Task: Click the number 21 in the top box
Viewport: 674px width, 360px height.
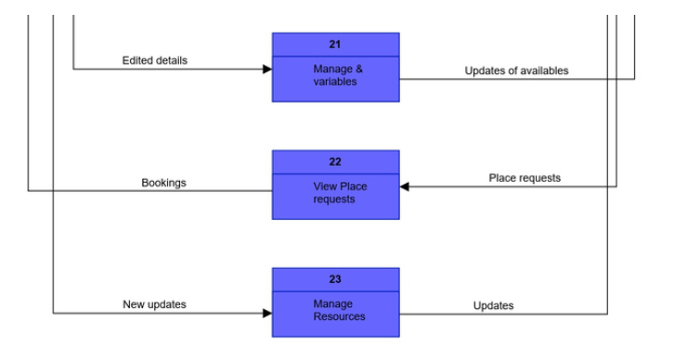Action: pos(335,44)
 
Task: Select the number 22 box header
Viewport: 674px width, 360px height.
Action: pos(335,161)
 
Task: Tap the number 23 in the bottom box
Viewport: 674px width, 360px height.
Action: pos(335,279)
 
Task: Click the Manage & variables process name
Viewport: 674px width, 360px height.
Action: pos(335,75)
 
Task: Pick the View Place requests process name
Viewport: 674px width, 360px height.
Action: pos(339,193)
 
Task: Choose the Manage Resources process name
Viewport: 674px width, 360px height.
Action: pos(339,311)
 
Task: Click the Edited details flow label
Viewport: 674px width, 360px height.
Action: pos(154,60)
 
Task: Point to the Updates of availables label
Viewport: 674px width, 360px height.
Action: pos(516,71)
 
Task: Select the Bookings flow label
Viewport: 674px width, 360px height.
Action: pos(163,183)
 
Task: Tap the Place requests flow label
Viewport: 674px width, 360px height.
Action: pos(525,177)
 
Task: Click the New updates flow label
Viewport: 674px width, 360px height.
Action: pos(154,304)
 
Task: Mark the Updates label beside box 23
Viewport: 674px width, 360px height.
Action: pos(493,305)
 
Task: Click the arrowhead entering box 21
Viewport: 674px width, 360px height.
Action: pos(266,70)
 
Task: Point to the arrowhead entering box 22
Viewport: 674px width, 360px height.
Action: pos(405,186)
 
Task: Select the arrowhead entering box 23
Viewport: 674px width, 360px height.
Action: pos(266,314)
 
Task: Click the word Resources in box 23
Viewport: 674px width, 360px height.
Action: pos(339,317)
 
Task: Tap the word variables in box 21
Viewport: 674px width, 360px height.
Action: pos(335,82)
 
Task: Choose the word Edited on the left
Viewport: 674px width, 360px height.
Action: pos(137,60)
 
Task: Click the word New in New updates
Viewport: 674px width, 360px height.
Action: pos(134,304)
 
